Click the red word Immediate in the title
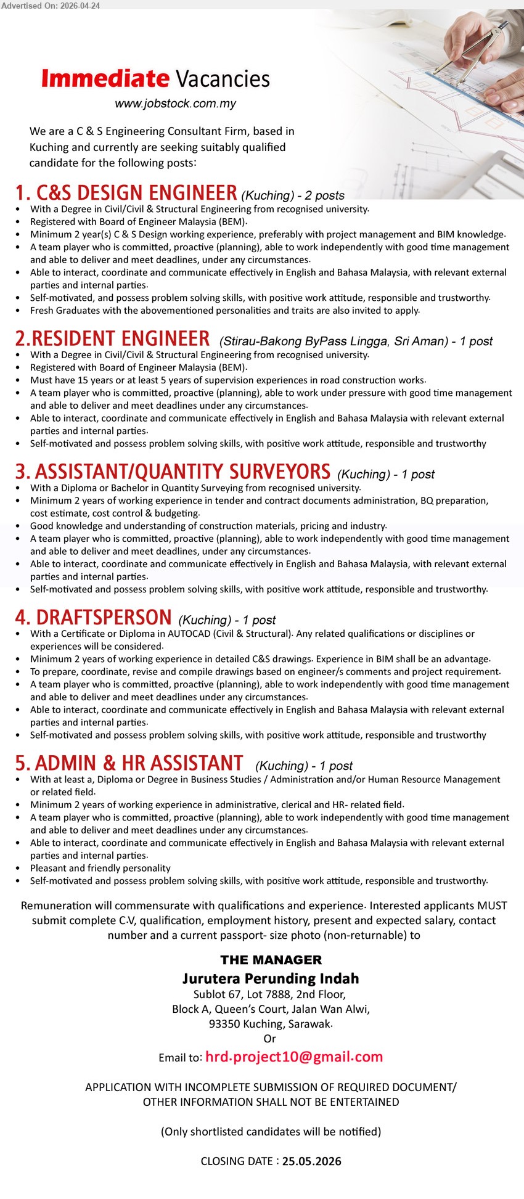[x=105, y=79]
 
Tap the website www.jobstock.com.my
[x=175, y=104]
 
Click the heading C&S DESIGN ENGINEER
[x=126, y=193]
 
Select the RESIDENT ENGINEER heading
[x=113, y=339]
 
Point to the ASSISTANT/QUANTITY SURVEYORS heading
[x=173, y=472]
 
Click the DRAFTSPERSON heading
[x=94, y=618]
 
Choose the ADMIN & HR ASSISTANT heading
[x=129, y=763]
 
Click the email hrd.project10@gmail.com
[x=294, y=1057]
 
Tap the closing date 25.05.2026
[x=311, y=1161]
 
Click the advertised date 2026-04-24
[x=80, y=6]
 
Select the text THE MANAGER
[x=271, y=960]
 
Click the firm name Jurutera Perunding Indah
[x=271, y=978]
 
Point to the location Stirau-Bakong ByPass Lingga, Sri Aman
[x=333, y=342]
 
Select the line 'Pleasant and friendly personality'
[x=100, y=868]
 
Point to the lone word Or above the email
[x=270, y=1039]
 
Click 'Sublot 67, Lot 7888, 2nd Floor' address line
[x=270, y=994]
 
